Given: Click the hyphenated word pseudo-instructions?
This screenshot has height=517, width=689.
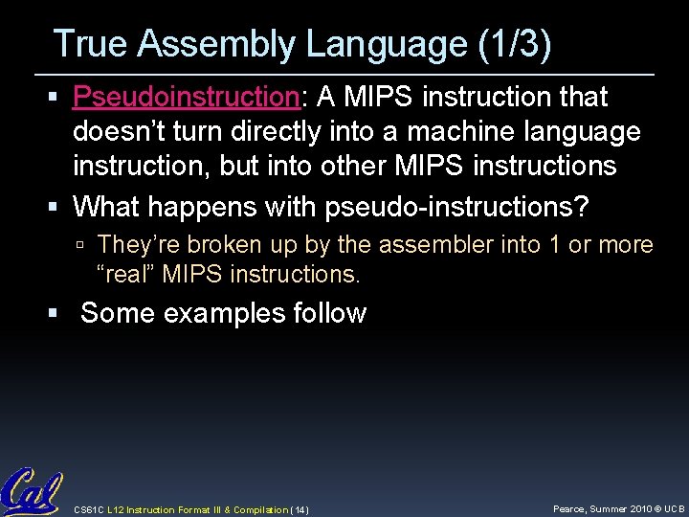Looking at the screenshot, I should (457, 206).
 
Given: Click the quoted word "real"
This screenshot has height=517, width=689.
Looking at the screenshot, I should (126, 276).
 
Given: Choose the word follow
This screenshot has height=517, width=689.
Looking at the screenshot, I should (330, 313).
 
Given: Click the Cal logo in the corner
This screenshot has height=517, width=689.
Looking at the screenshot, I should (31, 491).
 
